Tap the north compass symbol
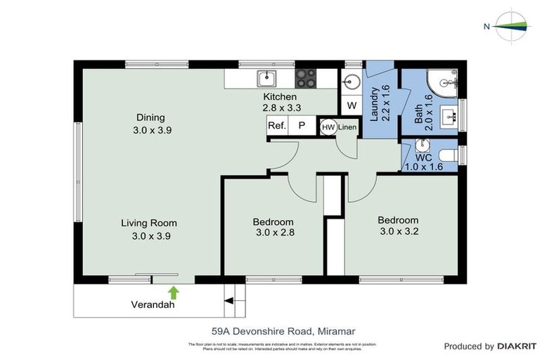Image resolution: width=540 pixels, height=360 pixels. tap(512, 26)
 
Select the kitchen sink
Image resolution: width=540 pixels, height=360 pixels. tap(266, 77)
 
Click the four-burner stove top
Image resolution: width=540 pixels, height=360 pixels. tap(306, 77)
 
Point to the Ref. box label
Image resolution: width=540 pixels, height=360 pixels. tap(276, 126)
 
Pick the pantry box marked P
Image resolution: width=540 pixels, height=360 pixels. tap(302, 126)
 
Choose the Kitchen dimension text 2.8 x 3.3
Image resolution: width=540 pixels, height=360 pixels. tap(281, 108)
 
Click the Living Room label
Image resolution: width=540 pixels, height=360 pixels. tap(148, 224)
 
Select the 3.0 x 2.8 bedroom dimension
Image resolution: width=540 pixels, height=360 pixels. tap(274, 234)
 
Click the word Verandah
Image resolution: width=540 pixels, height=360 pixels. tap(152, 305)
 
